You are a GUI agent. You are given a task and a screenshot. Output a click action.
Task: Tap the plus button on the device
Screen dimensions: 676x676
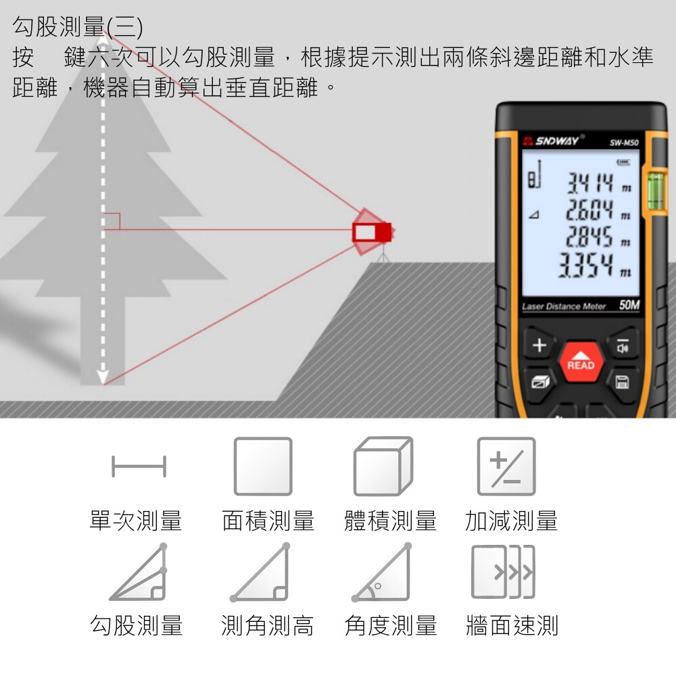tap(539, 345)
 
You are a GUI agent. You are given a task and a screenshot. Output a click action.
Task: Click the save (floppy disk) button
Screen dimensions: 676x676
tap(622, 382)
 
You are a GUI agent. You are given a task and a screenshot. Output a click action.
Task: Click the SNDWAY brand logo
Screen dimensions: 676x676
tap(554, 141)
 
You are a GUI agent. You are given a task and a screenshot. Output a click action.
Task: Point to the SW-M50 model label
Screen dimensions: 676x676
tap(624, 143)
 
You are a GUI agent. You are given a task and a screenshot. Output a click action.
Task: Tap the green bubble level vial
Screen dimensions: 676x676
tap(656, 191)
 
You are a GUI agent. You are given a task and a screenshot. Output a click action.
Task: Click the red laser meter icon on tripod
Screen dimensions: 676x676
tap(372, 233)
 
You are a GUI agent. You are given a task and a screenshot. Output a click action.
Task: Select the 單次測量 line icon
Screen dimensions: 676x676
tap(139, 466)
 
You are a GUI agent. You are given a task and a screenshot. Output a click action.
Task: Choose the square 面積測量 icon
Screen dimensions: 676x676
tap(263, 466)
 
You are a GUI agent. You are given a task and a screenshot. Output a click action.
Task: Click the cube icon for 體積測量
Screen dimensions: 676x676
tap(383, 466)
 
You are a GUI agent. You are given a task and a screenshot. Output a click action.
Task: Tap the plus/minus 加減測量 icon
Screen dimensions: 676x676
tap(506, 466)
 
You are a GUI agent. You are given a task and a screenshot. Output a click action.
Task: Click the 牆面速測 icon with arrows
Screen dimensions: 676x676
tap(503, 572)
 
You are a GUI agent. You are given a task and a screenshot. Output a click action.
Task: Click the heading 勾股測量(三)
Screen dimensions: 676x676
tap(78, 27)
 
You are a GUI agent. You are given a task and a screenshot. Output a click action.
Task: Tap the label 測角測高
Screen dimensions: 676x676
tap(267, 625)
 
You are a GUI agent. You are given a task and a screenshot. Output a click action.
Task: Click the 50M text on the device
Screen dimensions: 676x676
tap(629, 305)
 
